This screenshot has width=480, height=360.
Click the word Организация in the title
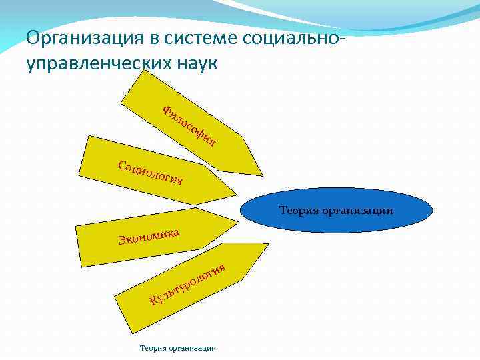click(79, 38)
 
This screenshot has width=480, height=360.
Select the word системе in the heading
click(194, 38)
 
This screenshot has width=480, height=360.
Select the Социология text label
click(149, 173)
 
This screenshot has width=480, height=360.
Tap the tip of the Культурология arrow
click(268, 244)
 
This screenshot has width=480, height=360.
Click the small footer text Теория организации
click(177, 348)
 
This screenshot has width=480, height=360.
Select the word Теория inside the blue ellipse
click(299, 211)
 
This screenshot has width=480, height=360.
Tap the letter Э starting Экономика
click(122, 240)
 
